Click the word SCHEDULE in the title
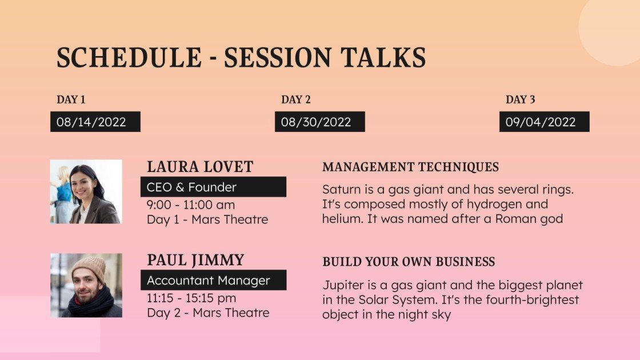coord(129,58)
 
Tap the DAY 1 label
coord(71,99)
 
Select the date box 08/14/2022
coord(95,122)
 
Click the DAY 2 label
coord(296,99)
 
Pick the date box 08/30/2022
coord(319,122)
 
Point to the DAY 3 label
coord(521,99)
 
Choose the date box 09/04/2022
coord(544,122)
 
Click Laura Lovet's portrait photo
coord(86,191)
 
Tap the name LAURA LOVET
coord(200,167)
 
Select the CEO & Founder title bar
coord(213,187)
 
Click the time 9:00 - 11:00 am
coord(191,205)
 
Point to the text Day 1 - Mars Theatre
coord(207,219)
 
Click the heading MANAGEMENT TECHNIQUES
coord(410,167)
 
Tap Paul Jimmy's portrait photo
coord(86,285)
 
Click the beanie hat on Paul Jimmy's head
coord(89,266)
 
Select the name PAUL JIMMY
coord(195,261)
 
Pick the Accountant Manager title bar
coord(213,280)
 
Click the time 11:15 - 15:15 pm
coord(191,298)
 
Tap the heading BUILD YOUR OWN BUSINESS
coord(409,262)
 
